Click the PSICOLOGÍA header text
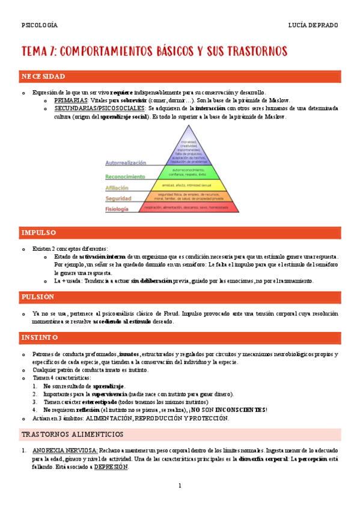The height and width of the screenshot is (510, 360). (39, 25)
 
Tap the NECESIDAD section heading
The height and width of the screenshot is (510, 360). (43, 77)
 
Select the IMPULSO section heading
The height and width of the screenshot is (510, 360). (38, 233)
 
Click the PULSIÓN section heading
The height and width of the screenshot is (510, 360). (38, 297)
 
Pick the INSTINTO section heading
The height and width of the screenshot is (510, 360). (40, 338)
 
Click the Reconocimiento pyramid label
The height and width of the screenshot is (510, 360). (125, 177)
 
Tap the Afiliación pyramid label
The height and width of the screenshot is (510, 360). (117, 188)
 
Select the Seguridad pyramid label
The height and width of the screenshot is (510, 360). (118, 198)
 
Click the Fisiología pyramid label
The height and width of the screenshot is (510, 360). (117, 209)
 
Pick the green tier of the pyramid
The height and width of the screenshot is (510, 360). (188, 173)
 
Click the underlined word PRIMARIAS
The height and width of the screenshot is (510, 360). (71, 100)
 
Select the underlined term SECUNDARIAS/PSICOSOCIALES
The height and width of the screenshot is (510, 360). (99, 108)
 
